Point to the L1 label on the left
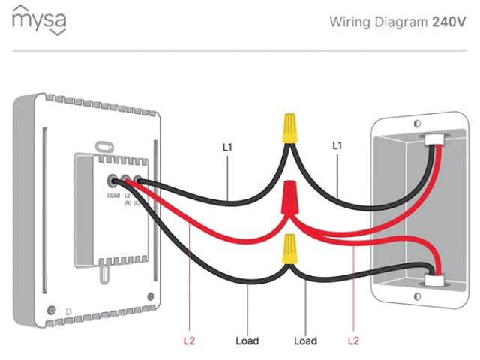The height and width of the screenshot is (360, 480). coord(227,147)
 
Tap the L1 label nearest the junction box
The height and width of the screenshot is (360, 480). coord(337,146)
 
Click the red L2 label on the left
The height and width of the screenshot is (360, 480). coord(189,340)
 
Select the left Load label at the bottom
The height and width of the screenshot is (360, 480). coord(247,340)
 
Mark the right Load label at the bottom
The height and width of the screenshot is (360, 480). coord(305,340)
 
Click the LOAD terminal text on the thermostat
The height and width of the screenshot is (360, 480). coord(112,194)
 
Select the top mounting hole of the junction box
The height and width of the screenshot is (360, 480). coord(414,121)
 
